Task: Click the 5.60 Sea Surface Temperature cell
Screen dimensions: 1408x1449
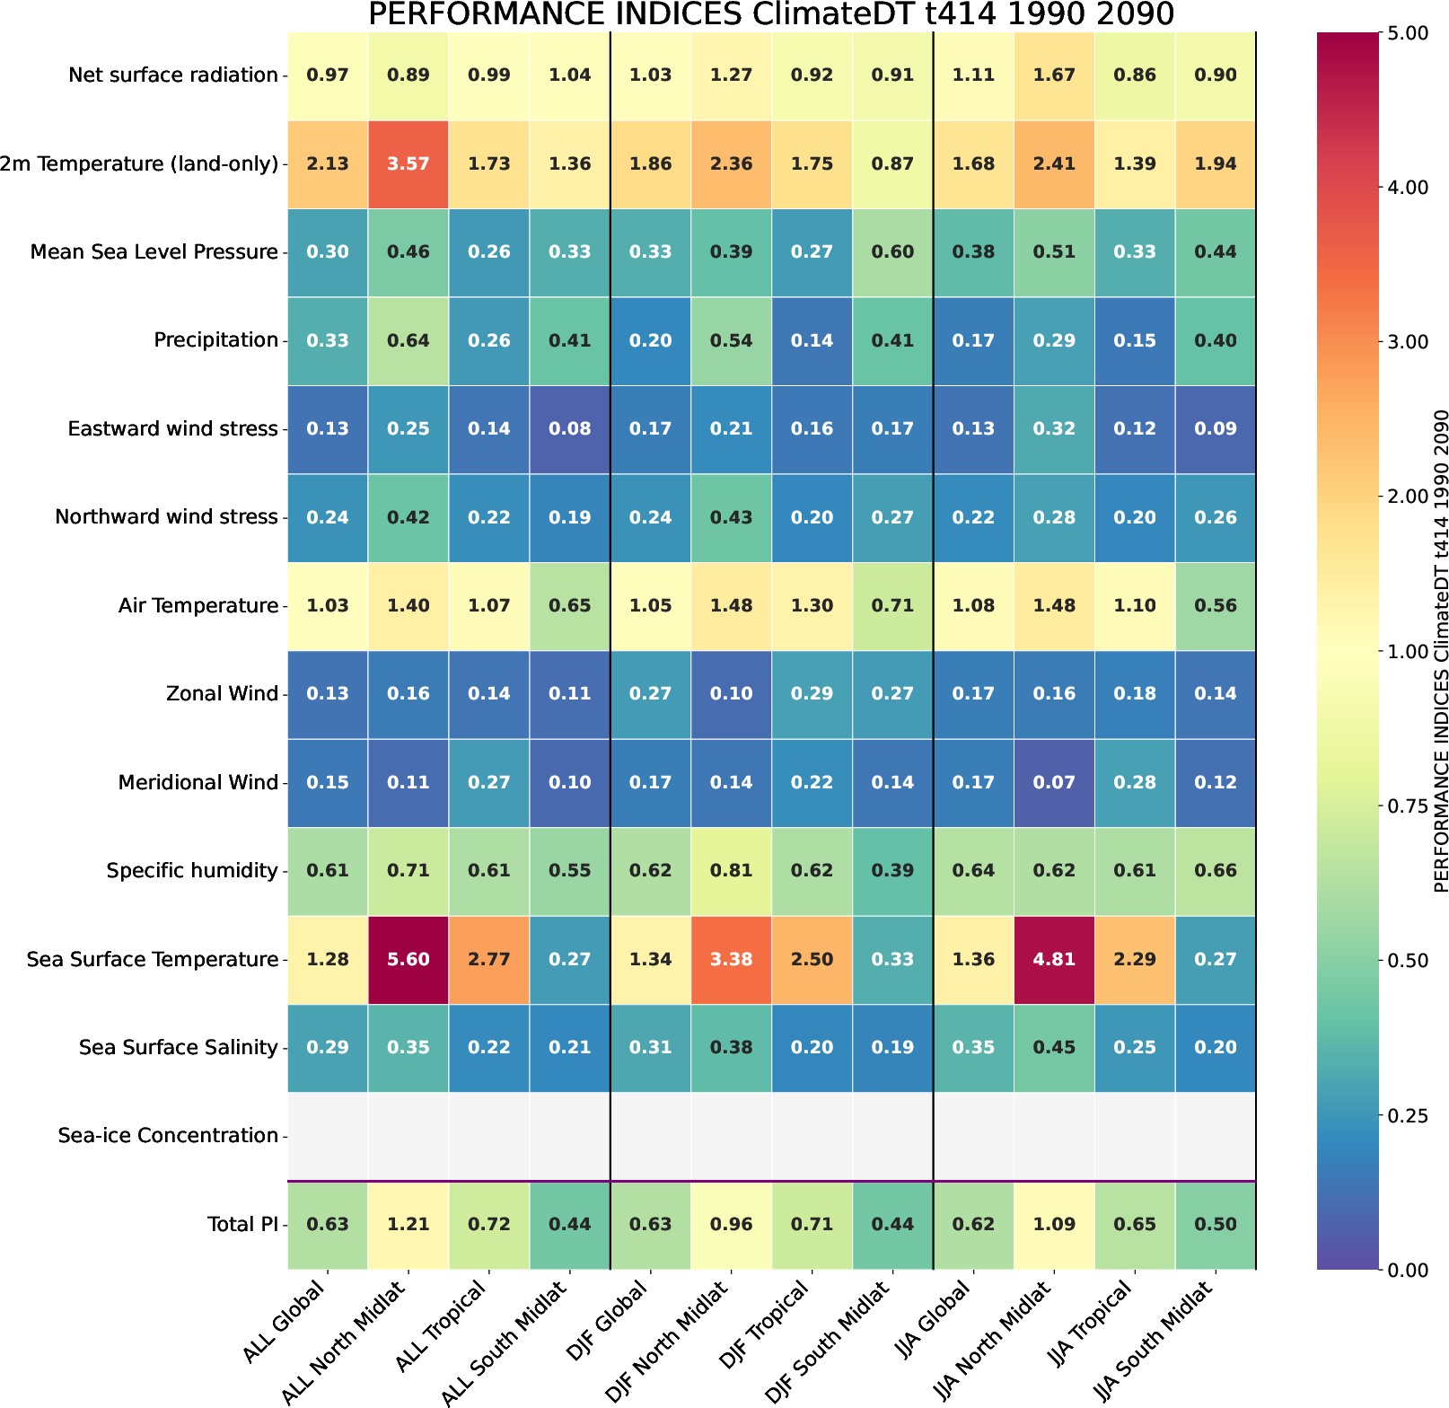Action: click(x=408, y=959)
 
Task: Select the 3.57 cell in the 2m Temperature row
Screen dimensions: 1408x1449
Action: click(x=408, y=163)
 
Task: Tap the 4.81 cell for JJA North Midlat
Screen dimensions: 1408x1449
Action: click(x=1054, y=959)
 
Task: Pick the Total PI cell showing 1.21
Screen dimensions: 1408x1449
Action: click(x=408, y=1224)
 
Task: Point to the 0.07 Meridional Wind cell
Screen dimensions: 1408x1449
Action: click(x=1054, y=782)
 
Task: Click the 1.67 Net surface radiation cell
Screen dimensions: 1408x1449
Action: click(x=1054, y=75)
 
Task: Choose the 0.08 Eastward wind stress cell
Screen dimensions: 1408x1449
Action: click(x=570, y=428)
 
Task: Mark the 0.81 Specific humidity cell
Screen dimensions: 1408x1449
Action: click(x=732, y=870)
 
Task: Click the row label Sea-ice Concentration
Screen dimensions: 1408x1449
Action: click(x=168, y=1136)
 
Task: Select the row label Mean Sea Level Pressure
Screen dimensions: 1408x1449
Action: click(x=154, y=252)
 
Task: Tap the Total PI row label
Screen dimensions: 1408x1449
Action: click(x=242, y=1224)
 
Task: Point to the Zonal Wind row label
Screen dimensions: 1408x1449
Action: click(x=222, y=694)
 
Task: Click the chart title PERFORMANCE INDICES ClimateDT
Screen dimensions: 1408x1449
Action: click(x=770, y=14)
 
